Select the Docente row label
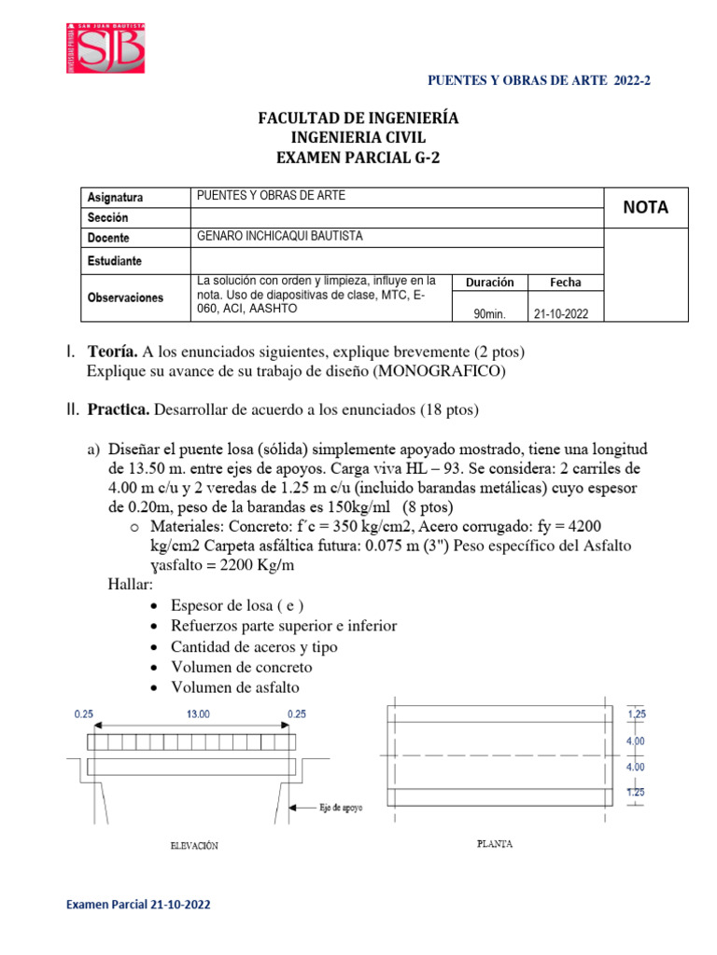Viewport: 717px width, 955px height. [x=108, y=238]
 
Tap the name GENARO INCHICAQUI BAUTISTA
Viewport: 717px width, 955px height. [x=280, y=237]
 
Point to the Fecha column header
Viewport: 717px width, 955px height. [x=565, y=282]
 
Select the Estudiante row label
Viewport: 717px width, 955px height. [x=115, y=259]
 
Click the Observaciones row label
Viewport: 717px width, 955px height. [x=125, y=298]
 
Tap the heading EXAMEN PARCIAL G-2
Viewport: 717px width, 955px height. [x=358, y=159]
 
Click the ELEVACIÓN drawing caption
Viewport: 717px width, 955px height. [x=194, y=846]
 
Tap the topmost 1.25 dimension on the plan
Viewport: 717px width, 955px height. [x=638, y=714]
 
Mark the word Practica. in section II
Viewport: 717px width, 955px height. [x=119, y=409]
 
